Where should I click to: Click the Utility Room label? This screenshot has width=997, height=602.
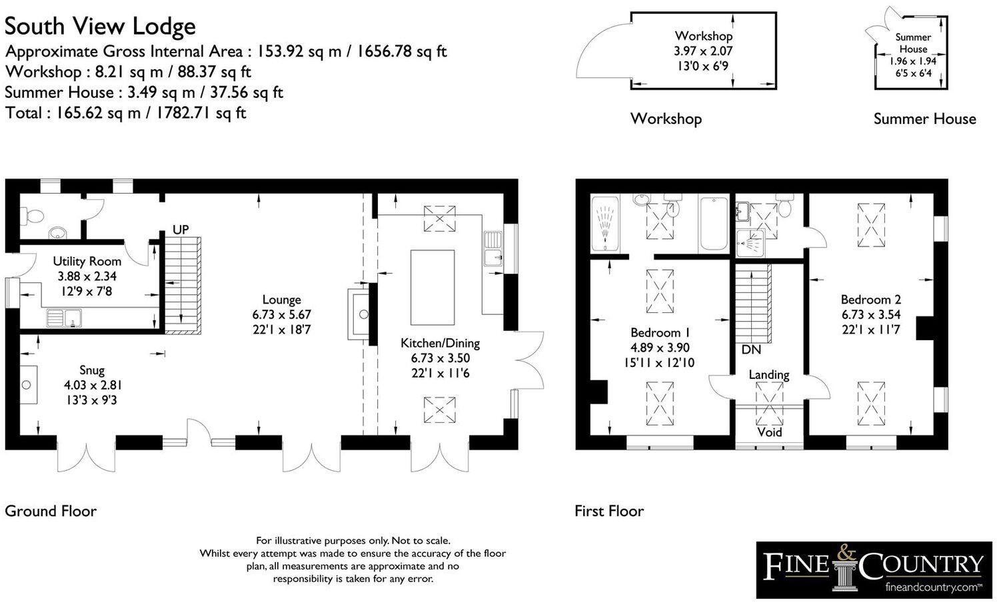87,261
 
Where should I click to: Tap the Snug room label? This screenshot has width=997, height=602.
92,370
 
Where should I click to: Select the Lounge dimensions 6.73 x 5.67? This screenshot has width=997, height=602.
282,314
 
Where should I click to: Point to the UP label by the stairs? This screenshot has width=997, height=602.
181,230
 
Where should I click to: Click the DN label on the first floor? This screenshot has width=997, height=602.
751,350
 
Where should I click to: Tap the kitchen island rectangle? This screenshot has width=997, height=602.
433,287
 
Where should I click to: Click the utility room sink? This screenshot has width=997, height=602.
64,318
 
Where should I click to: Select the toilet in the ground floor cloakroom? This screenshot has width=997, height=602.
33,216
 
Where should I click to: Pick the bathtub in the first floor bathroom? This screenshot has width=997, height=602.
714,224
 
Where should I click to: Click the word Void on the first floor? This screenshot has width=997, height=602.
770,432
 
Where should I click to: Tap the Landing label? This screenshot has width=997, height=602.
769,375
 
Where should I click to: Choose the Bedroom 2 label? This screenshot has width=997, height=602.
871,299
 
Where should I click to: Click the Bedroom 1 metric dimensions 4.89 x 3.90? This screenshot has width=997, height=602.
660,348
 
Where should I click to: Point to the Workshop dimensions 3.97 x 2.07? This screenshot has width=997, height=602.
703,51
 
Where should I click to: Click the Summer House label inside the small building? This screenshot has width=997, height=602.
913,43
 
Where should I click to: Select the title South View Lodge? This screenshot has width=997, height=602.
100,26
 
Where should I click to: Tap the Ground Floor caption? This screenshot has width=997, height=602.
51,511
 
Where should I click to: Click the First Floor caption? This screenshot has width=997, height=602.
609,511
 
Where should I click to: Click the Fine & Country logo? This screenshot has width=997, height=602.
874,569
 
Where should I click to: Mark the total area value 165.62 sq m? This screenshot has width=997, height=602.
98,113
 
